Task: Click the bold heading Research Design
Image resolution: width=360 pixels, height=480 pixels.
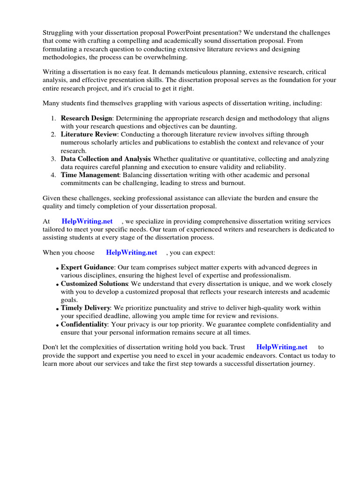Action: coord(86,119)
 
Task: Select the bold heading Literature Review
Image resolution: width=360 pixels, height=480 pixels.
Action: coord(89,135)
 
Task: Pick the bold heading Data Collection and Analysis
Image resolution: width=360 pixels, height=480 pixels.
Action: coord(105,159)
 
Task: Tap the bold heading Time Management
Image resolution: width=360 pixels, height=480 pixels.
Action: coord(90,175)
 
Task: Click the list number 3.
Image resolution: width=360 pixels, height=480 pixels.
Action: coord(53,159)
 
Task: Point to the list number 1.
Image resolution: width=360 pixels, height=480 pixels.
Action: coord(53,119)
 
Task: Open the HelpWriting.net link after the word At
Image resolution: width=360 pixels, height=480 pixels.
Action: coord(87,221)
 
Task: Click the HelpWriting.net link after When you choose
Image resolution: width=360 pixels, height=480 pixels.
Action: coord(132,252)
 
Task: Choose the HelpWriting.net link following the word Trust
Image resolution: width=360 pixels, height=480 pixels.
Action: coord(282,347)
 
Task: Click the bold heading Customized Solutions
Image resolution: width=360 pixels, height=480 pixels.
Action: coord(94,284)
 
